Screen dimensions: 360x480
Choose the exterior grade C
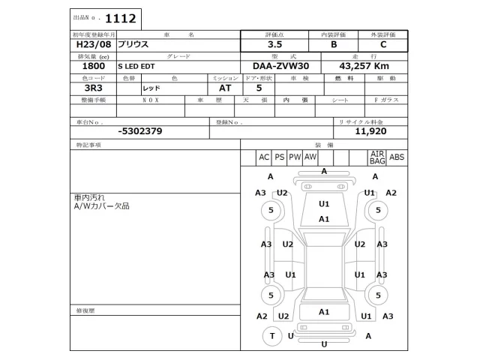(383, 45)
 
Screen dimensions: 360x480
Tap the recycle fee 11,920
(370, 130)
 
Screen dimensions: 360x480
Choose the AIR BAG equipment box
(376, 157)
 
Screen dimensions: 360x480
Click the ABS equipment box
(397, 157)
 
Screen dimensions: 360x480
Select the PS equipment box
(280, 157)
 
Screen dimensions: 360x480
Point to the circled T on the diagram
(272, 335)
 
